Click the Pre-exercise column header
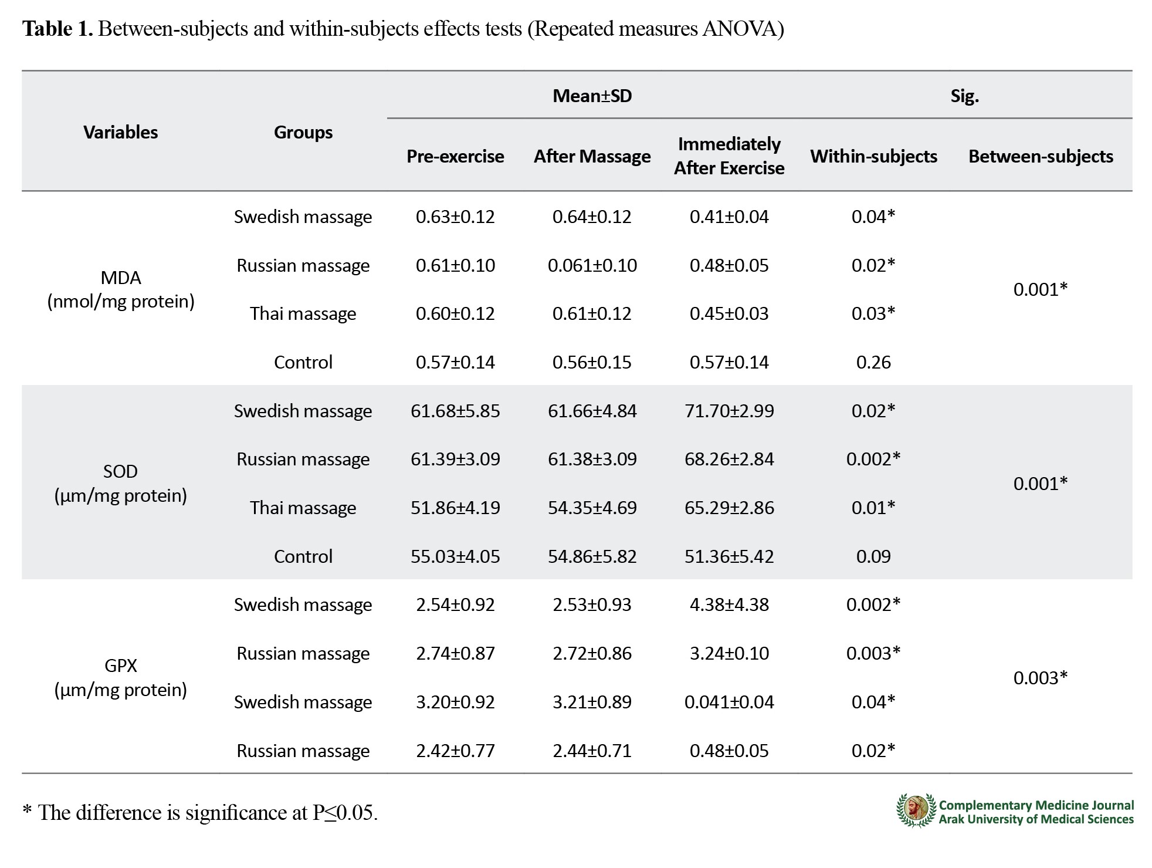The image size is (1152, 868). click(x=455, y=156)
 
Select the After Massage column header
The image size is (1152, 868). click(x=592, y=156)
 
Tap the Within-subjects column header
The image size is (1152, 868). click(x=873, y=156)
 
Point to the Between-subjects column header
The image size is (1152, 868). click(x=1041, y=156)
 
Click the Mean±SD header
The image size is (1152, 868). click(x=592, y=96)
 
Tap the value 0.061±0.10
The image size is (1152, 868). click(x=592, y=265)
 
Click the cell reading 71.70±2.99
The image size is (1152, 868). click(x=729, y=411)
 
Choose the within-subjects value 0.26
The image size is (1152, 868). click(x=873, y=362)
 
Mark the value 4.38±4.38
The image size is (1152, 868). click(x=729, y=604)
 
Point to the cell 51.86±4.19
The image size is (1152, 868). click(x=455, y=508)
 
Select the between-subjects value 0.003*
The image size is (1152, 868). click(x=1041, y=678)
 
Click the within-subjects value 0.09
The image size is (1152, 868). click(x=873, y=556)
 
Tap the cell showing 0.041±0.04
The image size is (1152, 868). click(x=729, y=702)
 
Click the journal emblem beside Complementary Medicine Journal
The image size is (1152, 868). click(x=916, y=811)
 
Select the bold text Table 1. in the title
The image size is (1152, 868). click(x=57, y=28)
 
